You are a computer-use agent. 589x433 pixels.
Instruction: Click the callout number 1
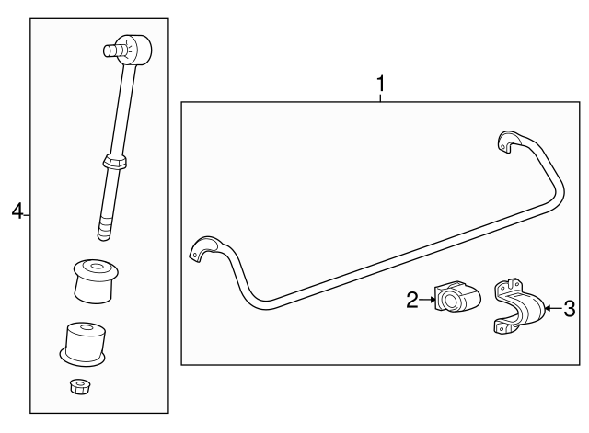click(379, 85)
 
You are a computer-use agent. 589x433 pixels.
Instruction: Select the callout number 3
click(569, 309)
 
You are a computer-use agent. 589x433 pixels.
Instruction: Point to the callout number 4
click(17, 212)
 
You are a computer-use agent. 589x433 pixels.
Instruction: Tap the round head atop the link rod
click(135, 46)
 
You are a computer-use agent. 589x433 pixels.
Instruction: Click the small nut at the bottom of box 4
click(78, 386)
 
